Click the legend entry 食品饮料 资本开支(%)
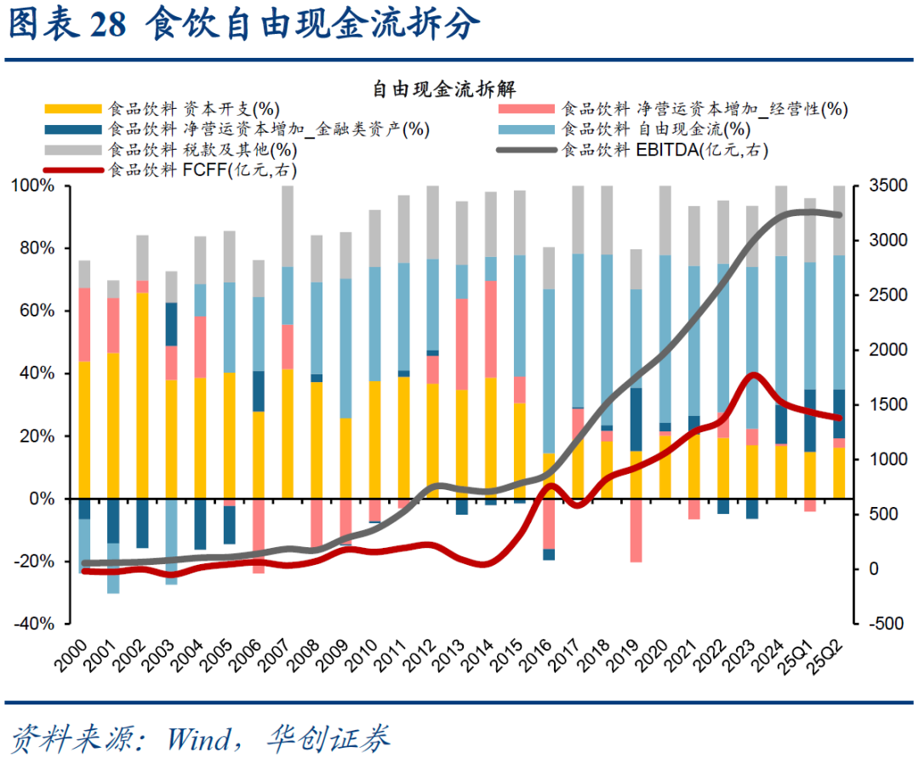pyautogui.click(x=194, y=109)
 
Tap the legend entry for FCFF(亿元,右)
pyautogui.click(x=203, y=170)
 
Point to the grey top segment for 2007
pyautogui.click(x=288, y=226)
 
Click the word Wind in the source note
pyautogui.click(x=197, y=738)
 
